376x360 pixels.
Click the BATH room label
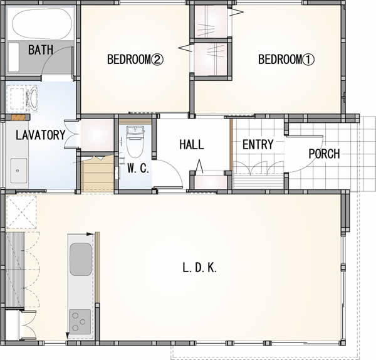tap(41, 50)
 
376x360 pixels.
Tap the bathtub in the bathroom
tap(42, 24)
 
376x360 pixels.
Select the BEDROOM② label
tap(135, 60)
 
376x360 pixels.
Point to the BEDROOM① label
tap(286, 60)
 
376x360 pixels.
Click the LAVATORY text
tap(41, 135)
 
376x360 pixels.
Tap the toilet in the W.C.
tap(135, 142)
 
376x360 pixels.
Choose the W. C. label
tap(138, 168)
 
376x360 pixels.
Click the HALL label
tap(192, 144)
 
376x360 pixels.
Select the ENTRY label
tap(258, 144)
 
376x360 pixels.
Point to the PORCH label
tap(324, 154)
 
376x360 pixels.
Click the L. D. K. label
tap(199, 268)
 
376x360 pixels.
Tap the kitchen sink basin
tap(81, 259)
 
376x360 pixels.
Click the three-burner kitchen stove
tap(80, 322)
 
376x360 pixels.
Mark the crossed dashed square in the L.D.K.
tap(21, 212)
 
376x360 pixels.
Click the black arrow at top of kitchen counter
tap(90, 234)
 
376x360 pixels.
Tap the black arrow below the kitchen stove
tap(68, 336)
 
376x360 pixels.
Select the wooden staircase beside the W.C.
tap(97, 174)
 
